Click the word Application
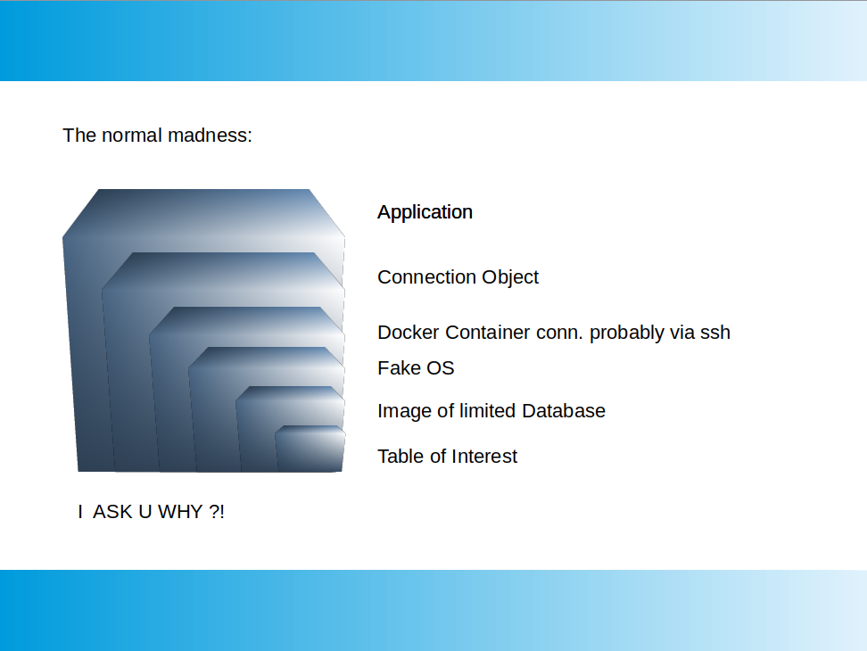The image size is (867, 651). pyautogui.click(x=425, y=213)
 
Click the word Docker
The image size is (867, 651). pyautogui.click(x=409, y=332)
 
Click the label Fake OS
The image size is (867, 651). pyautogui.click(x=416, y=368)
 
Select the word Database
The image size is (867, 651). pyautogui.click(x=564, y=410)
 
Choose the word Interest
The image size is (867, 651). pyautogui.click(x=483, y=456)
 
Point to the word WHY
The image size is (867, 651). pyautogui.click(x=180, y=512)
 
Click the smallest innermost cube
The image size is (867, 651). pyautogui.click(x=310, y=449)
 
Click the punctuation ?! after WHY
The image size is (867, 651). pyautogui.click(x=217, y=512)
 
